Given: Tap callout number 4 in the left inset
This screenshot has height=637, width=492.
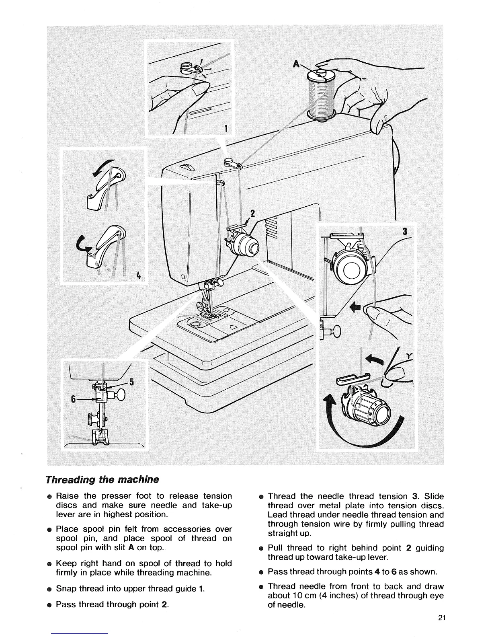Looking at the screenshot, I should [x=138, y=275].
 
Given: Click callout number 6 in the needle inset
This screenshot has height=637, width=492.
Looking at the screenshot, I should [x=73, y=399].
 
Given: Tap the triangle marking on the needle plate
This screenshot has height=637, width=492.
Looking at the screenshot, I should [x=234, y=327].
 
